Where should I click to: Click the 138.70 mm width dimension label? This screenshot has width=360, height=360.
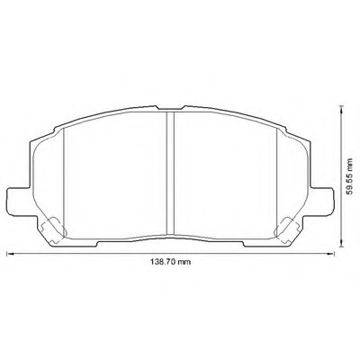point(170,262)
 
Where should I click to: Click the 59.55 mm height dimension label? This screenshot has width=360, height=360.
point(349,176)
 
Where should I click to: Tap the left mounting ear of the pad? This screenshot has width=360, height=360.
point(19,202)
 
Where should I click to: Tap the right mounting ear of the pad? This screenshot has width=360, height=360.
point(321,202)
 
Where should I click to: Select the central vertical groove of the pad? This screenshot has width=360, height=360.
point(170,173)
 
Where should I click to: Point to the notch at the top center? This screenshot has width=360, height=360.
point(170,108)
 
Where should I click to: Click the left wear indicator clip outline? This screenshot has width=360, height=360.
point(53,229)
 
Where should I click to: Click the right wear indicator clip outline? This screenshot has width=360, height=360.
point(287,229)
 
